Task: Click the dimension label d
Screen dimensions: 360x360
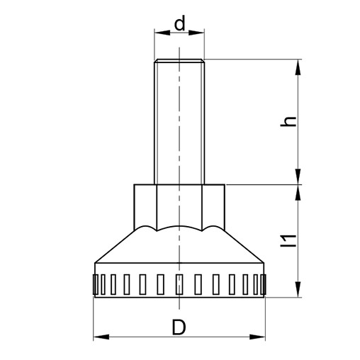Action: click(x=179, y=23)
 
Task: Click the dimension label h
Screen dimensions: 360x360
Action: click(x=288, y=121)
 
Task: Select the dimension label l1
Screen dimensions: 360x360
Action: click(x=288, y=240)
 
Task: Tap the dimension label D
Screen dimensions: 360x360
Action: click(x=179, y=327)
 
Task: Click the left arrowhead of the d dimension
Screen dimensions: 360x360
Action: click(x=162, y=33)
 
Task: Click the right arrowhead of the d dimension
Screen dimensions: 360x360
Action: click(x=196, y=33)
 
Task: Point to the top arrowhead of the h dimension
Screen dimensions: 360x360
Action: click(x=298, y=67)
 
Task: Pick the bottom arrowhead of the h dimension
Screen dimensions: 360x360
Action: click(x=298, y=176)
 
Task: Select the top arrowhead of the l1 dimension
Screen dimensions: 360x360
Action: click(x=298, y=193)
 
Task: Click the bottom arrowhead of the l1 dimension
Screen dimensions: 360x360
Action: click(x=298, y=289)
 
